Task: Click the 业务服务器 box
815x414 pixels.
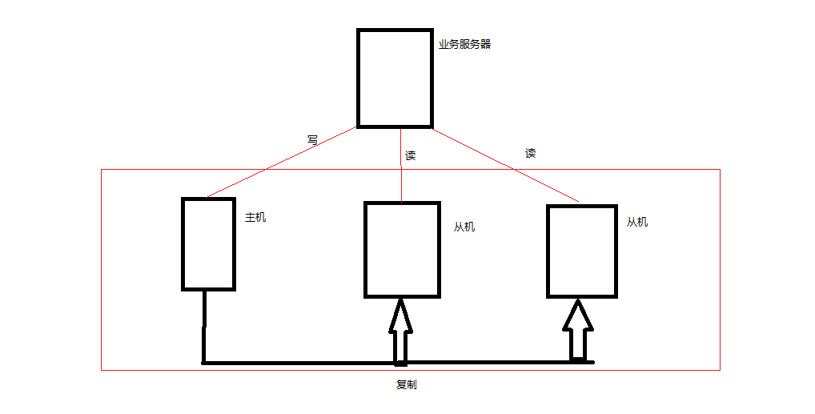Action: [395, 78]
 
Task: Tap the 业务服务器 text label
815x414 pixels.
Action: [464, 45]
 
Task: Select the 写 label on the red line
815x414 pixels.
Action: [313, 139]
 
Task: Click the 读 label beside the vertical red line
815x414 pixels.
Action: [411, 155]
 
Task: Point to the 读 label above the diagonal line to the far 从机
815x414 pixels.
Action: [530, 153]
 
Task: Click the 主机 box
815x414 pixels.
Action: [208, 243]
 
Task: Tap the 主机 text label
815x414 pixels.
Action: [255, 217]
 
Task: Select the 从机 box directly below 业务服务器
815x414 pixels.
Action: [402, 249]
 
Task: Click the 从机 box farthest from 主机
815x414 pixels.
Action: [582, 251]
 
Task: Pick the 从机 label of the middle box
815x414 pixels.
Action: [464, 227]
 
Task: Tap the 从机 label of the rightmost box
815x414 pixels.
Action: [637, 222]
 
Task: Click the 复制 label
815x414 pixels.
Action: [407, 384]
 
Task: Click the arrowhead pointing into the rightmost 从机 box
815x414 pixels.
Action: [578, 316]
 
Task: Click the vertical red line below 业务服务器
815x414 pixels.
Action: [400, 180]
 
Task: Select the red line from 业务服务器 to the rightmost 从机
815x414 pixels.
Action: [504, 164]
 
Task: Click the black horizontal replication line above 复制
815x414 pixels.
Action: [304, 363]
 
